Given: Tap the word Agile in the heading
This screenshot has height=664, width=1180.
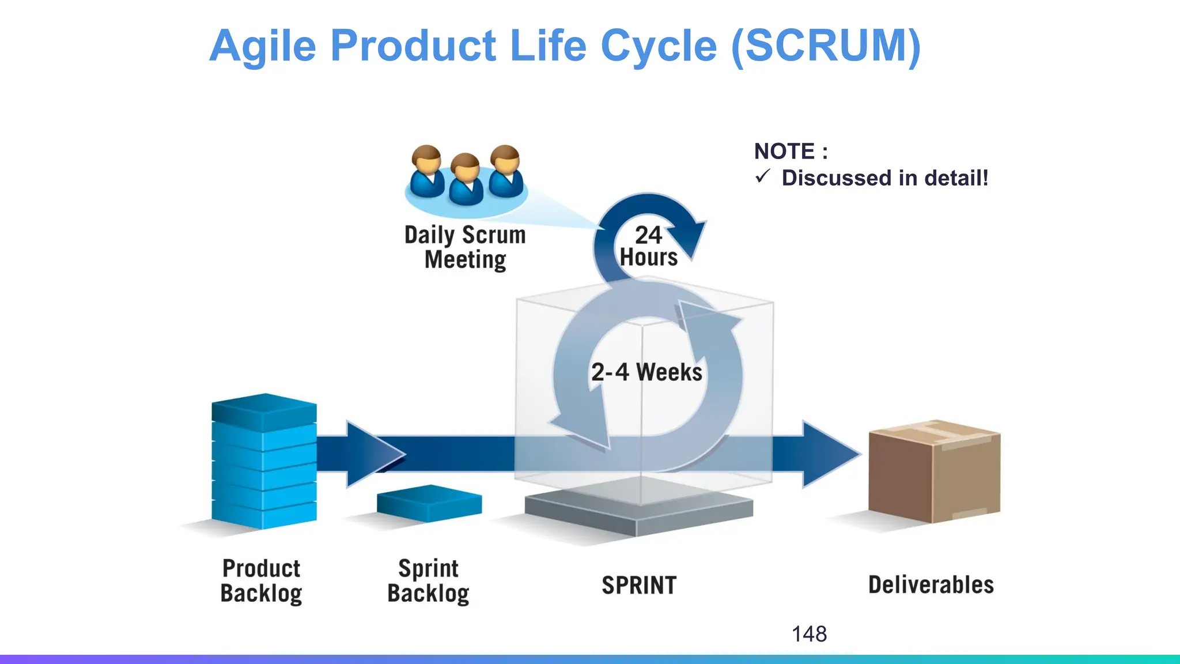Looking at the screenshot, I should coord(263,46).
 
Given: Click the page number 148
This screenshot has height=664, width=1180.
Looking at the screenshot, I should coord(809,634).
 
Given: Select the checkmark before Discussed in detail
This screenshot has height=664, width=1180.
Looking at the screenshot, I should coord(762,176).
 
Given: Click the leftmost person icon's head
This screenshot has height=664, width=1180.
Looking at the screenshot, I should coord(426,159).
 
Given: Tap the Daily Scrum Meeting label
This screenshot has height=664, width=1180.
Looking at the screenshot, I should coord(465,247).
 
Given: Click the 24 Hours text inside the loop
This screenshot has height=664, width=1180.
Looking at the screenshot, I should coord(648,246).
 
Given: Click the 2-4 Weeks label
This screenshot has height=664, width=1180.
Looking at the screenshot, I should coord(646,372).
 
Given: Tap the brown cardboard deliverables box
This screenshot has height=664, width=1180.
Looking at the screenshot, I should coord(933,473).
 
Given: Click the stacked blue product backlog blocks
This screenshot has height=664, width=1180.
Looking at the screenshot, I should coord(264,461).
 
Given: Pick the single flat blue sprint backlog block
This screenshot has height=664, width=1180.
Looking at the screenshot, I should coord(429,503).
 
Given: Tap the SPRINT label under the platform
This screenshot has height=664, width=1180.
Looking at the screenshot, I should coord(639,586).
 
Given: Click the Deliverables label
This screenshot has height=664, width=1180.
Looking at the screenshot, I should coord(931,585).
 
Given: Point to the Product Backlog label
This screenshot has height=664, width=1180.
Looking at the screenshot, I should coord(261,581).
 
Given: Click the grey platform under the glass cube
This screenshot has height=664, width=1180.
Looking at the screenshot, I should coord(638,510).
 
